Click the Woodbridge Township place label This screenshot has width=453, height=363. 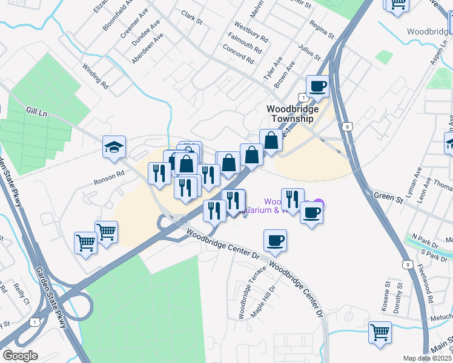[x=291, y=114]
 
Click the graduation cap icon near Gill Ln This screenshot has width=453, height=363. [x=113, y=148]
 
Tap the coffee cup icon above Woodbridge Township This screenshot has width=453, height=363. [x=317, y=87]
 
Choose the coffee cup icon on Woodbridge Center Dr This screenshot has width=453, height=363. [x=275, y=241]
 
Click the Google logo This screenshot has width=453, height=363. [x=20, y=356]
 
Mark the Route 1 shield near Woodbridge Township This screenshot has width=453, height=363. [x=301, y=97]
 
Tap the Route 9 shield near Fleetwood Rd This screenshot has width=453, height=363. [x=408, y=264]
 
